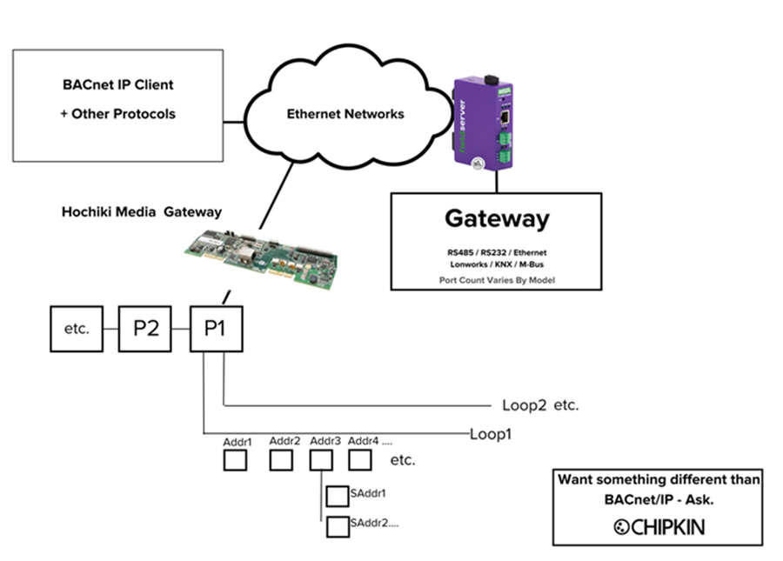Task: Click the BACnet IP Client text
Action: (x=118, y=85)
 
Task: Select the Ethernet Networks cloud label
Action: (x=345, y=114)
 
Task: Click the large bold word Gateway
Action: (x=497, y=218)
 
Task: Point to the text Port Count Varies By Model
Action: (x=496, y=279)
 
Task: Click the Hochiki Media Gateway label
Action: (x=142, y=211)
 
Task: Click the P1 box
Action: (x=217, y=329)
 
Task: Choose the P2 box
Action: (x=145, y=329)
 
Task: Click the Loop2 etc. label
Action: (x=540, y=405)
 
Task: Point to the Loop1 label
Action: (x=490, y=432)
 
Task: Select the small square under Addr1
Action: (x=237, y=461)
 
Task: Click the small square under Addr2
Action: (x=281, y=461)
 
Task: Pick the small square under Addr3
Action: (x=322, y=461)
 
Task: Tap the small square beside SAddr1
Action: (x=337, y=496)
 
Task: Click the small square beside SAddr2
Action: (x=337, y=526)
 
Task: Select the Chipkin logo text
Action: (x=659, y=527)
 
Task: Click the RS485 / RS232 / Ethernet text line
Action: (x=496, y=253)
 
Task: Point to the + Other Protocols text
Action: (x=118, y=114)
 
